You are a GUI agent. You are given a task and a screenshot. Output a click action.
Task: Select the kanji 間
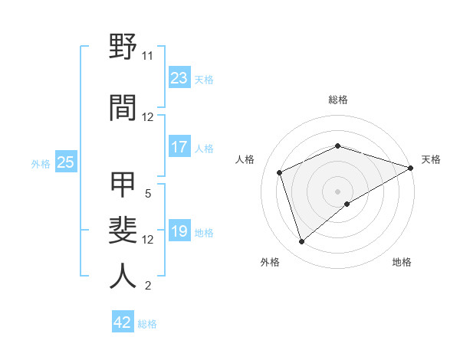[123, 107]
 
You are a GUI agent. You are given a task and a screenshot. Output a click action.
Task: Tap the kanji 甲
[123, 185]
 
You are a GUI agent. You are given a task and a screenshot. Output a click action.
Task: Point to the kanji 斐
[123, 230]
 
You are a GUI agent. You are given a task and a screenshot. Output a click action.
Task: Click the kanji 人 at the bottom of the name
[123, 276]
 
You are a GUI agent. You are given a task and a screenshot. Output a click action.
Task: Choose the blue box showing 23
[179, 78]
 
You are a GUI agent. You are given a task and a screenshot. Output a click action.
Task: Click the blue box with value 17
[179, 147]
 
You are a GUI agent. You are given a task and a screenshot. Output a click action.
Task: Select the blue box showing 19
[179, 231]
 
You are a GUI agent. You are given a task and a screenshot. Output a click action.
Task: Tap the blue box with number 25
[65, 162]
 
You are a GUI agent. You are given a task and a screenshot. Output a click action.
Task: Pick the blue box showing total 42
[123, 322]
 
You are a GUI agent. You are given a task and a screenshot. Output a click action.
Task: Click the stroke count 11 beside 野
[147, 56]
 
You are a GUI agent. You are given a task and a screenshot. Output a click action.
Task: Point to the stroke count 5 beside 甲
[147, 194]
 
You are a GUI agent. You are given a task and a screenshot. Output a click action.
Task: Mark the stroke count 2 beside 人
[147, 286]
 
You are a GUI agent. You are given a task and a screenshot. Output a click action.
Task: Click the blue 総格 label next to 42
[147, 324]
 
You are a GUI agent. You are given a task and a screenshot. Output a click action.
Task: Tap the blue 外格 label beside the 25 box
[41, 163]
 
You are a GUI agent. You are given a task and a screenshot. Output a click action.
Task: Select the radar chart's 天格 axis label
[431, 159]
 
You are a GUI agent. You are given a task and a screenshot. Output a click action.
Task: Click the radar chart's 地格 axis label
[402, 262]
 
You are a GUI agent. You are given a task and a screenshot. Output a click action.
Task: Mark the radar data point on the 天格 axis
[411, 168]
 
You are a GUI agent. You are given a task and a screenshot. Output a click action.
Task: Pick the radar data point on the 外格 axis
[301, 242]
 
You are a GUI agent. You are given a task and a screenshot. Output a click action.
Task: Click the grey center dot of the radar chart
[338, 191]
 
